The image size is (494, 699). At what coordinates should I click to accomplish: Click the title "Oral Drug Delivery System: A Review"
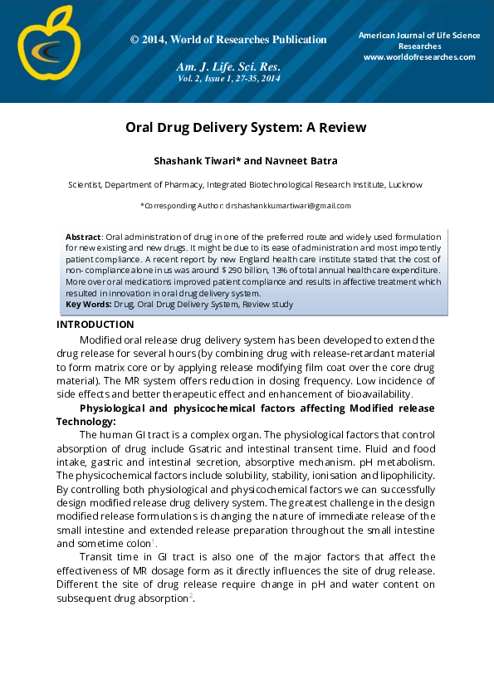[246, 128]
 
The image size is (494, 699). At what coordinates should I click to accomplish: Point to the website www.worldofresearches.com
[419, 56]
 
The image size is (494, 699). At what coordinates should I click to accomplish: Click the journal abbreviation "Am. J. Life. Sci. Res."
[228, 66]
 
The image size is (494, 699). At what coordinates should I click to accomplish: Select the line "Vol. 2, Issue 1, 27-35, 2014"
[228, 78]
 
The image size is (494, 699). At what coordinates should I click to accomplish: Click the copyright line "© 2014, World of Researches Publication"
[228, 40]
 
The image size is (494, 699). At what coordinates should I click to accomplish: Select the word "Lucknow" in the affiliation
[406, 184]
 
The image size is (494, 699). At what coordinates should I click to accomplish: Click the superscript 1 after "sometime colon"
[153, 541]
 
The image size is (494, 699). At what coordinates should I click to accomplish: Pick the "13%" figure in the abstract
[283, 270]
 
